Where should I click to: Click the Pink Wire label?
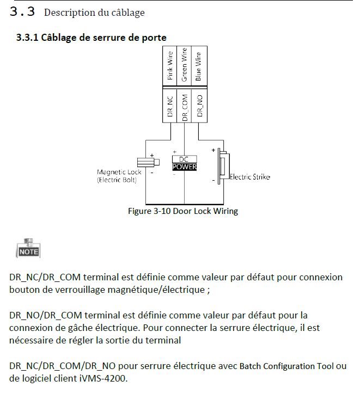[170, 66]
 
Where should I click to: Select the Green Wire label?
[185, 66]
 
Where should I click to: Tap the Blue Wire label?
[198, 66]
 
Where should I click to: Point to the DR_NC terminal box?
[170, 107]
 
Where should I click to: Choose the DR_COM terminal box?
[185, 107]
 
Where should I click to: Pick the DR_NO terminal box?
[199, 107]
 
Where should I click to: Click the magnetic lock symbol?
[149, 162]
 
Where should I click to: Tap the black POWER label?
[184, 167]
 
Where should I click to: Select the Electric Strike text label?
[249, 177]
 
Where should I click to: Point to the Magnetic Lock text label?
[119, 173]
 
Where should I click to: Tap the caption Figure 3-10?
[182, 211]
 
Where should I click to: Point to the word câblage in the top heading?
[128, 12]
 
